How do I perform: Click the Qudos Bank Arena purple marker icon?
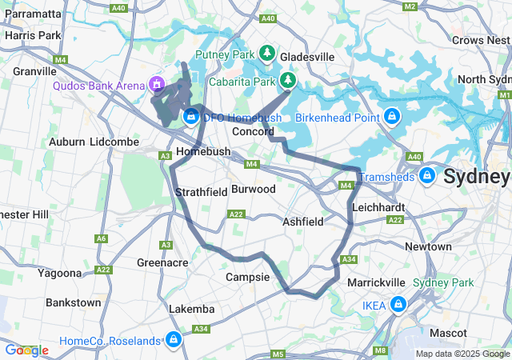point(158,84)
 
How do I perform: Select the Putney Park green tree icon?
point(266,54)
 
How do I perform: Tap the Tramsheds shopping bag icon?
point(427,174)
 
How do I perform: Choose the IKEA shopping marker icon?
point(398,304)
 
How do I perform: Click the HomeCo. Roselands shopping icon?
point(173,340)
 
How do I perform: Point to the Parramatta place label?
point(32,14)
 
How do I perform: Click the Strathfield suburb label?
point(202,192)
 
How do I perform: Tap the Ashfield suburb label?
point(302,221)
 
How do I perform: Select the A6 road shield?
point(102,238)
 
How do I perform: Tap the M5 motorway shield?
point(278,354)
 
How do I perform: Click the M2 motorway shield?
point(410,6)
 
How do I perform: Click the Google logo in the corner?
point(26,350)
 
